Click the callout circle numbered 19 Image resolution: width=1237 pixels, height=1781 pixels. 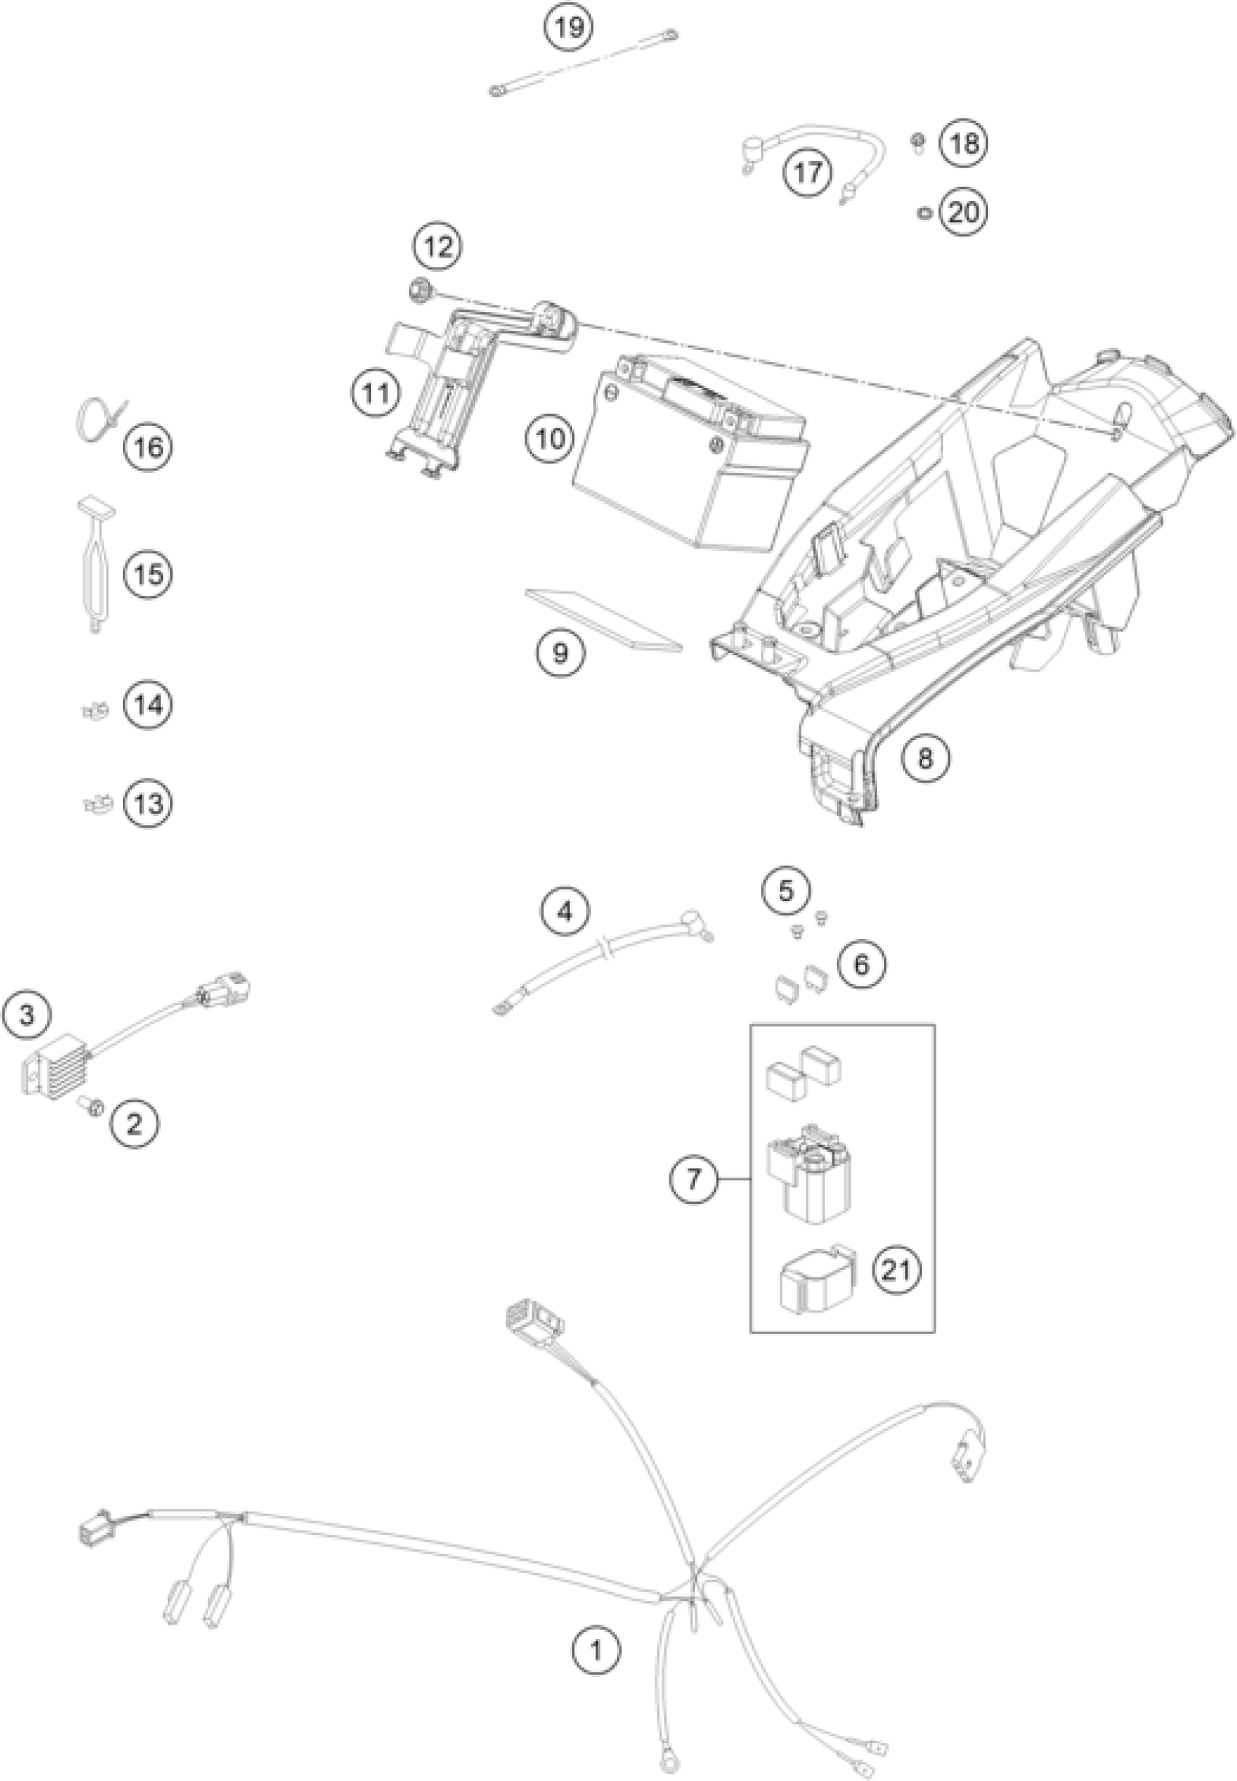pyautogui.click(x=568, y=28)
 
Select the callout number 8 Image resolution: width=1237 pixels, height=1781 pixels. pyautogui.click(x=925, y=757)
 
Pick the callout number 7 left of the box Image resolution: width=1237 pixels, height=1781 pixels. pyautogui.click(x=693, y=1179)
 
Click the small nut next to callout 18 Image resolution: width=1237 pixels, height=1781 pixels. pyautogui.click(x=917, y=141)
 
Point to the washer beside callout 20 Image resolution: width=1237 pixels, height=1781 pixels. pyautogui.click(x=923, y=212)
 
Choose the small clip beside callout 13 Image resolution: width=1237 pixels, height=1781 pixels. pyautogui.click(x=96, y=804)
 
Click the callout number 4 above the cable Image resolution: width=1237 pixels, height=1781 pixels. pyautogui.click(x=565, y=911)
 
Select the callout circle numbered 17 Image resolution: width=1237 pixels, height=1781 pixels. pyautogui.click(x=807, y=172)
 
